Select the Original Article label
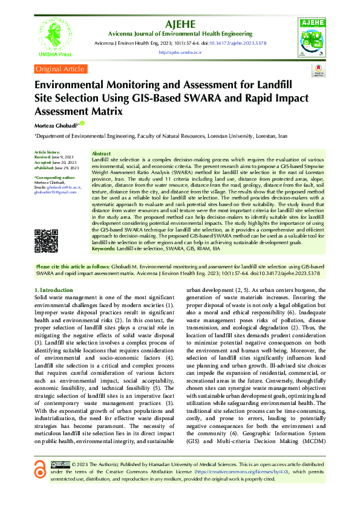click(x=61, y=70)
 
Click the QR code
click(x=46, y=241)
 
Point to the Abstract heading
click(x=101, y=154)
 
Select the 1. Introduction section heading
click(x=54, y=290)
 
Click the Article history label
click(x=47, y=152)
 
